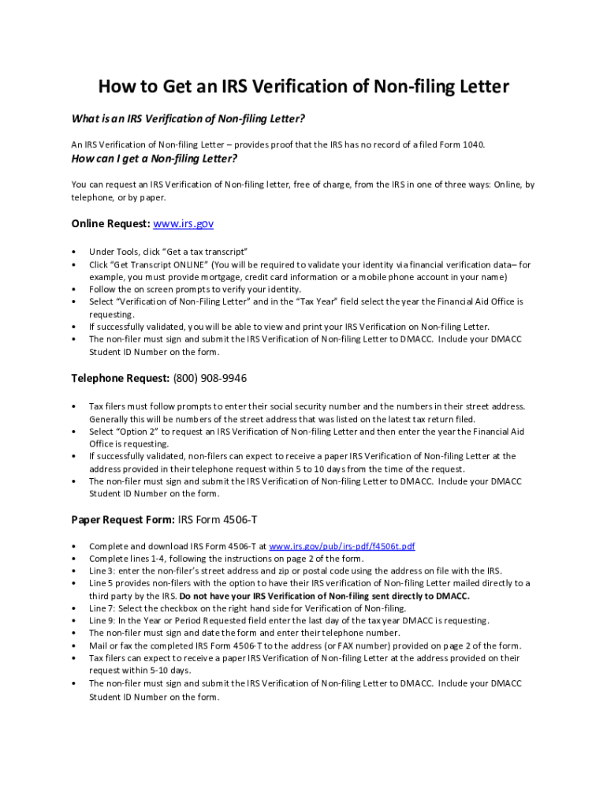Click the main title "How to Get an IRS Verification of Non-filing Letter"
tap(303, 86)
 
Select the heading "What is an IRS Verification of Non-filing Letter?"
tap(188, 118)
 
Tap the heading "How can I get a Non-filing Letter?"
tap(155, 158)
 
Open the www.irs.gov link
tap(183, 224)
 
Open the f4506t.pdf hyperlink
tap(342, 546)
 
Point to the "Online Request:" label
tap(110, 224)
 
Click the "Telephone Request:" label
tap(121, 379)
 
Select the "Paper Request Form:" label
tap(123, 519)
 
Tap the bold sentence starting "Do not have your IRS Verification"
tap(324, 596)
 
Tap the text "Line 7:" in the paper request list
tap(103, 608)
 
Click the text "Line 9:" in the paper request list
tap(103, 621)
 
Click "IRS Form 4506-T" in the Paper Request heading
tap(217, 519)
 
